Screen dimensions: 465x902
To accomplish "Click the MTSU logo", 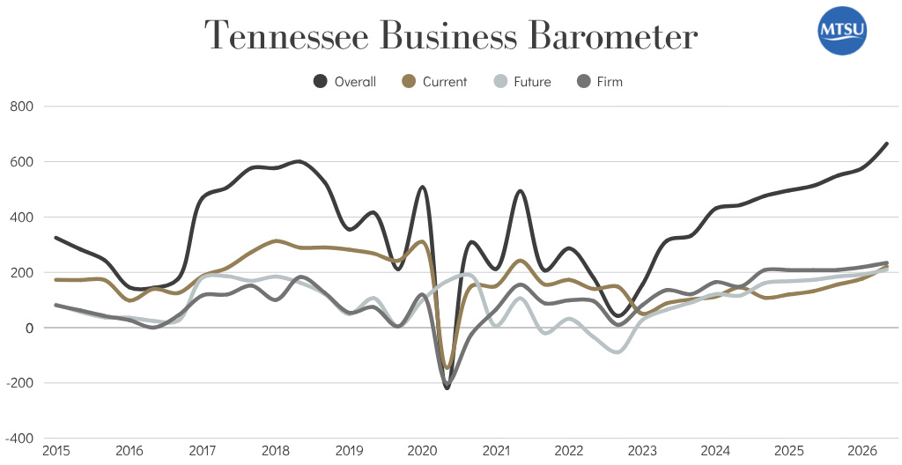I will point(843,31).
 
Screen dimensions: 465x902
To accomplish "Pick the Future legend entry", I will point(521,82).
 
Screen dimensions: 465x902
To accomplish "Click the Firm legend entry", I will point(599,82).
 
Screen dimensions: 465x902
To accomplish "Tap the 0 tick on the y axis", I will point(30,328).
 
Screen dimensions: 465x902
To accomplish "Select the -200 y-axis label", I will point(20,383).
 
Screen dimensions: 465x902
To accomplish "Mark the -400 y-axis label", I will point(20,439).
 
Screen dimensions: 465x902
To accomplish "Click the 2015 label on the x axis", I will point(55,451).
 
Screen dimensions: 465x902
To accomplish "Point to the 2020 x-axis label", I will point(423,451).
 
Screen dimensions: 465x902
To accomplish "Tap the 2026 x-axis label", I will point(862,451).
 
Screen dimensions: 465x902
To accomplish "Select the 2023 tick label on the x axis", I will point(642,451).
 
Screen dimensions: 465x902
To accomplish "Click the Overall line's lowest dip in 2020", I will point(447,387).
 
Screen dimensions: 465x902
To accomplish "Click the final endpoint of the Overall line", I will point(886,144).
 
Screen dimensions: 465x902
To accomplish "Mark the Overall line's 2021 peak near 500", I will point(520,191).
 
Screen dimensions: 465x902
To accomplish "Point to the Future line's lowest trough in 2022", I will point(617,351).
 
